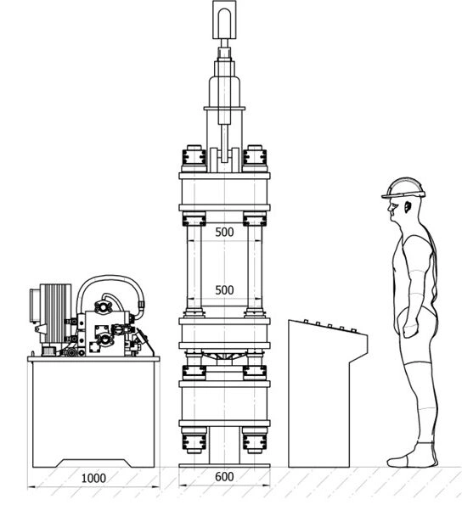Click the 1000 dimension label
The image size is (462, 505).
point(93,478)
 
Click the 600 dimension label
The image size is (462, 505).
point(224,476)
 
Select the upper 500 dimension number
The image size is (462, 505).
point(224,232)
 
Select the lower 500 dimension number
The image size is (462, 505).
point(224,290)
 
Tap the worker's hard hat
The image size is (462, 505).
point(403,188)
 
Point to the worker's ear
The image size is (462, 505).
point(408,207)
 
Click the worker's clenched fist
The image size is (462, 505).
point(410,330)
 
